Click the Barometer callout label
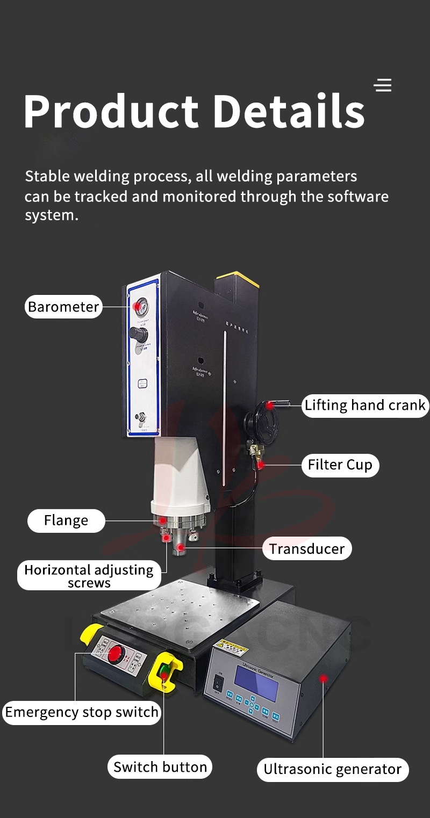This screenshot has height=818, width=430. point(63,307)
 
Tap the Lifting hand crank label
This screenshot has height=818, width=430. point(365,405)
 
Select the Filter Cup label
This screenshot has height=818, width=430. point(340,465)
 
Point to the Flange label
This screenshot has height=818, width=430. point(66,520)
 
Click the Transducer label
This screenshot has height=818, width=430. point(307,549)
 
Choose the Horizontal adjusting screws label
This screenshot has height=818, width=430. point(89,576)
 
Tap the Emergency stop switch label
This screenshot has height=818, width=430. point(82,713)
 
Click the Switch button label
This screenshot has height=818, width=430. point(160,767)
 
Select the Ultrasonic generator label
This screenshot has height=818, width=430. point(332,770)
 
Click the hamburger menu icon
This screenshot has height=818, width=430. point(383,85)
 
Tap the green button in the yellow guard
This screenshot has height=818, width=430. point(163,671)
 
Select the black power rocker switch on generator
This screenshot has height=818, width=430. point(218,683)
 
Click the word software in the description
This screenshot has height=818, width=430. point(357,197)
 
